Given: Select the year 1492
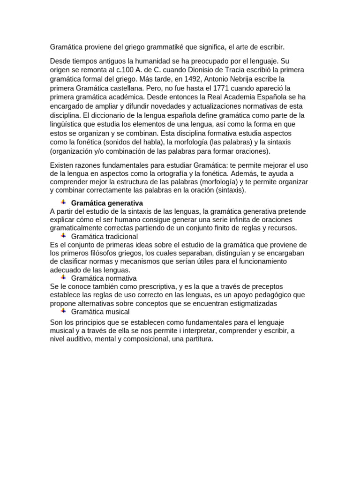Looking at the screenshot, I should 183,78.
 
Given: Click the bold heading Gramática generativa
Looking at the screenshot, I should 107,203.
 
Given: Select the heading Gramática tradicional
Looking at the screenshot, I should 105,237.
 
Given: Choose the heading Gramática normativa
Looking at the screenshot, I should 104,278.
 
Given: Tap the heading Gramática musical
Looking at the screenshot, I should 100,312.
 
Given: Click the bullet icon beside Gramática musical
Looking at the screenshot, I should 63,311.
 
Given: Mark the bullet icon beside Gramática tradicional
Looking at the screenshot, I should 63,236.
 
